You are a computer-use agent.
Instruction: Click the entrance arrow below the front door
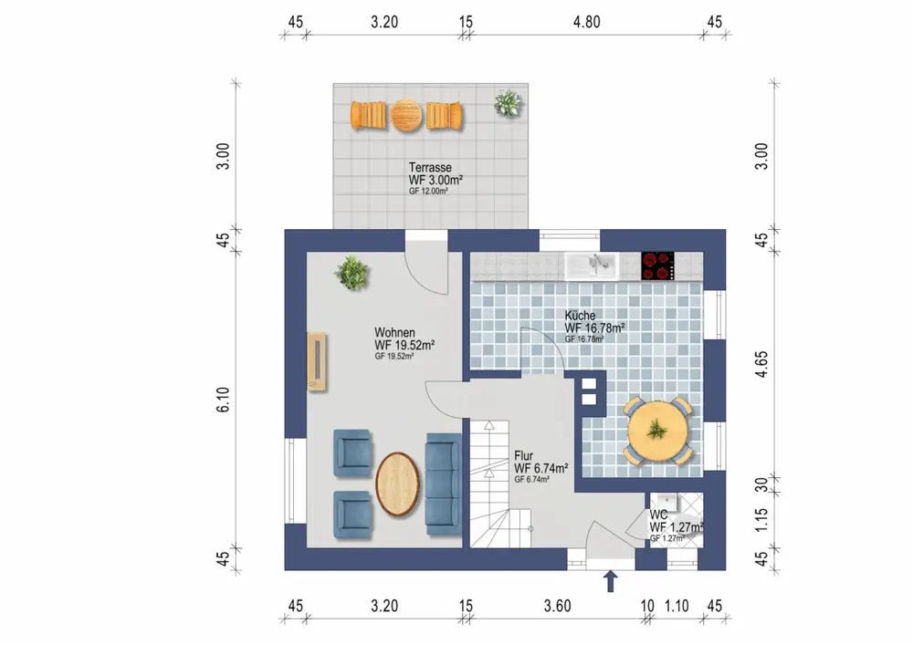tap(610, 581)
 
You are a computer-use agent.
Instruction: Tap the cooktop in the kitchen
tap(658, 265)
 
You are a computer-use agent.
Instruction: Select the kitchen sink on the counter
tap(593, 266)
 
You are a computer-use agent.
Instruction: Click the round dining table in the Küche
tap(658, 431)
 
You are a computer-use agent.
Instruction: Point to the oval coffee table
tap(398, 484)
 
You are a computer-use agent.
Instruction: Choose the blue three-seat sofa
tap(444, 484)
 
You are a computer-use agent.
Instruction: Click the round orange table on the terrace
tap(406, 115)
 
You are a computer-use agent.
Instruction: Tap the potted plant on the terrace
tap(508, 103)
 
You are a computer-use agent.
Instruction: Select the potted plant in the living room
tap(352, 272)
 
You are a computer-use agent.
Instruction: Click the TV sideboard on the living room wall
tap(318, 361)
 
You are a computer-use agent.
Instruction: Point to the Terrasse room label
tap(430, 168)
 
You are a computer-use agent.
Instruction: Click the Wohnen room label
tap(394, 333)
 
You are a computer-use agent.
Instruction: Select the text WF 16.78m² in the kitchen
tap(594, 328)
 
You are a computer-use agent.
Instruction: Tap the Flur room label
tap(523, 456)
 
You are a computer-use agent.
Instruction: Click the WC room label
tap(658, 515)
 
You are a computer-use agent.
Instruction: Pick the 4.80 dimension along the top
tap(586, 22)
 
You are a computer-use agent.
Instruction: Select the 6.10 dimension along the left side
tap(223, 401)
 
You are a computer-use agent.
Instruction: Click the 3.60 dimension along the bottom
tap(557, 606)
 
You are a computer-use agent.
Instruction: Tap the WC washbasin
tap(664, 502)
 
